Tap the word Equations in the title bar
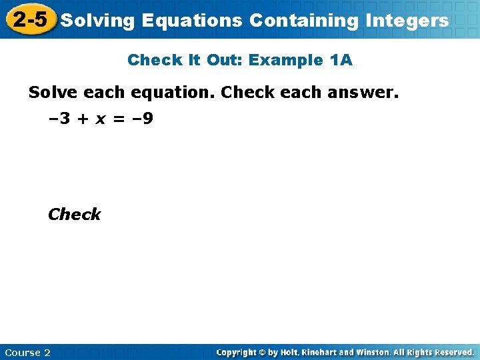coord(194,21)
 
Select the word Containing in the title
coord(304,21)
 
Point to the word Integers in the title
coord(407,21)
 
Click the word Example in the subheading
coord(288,60)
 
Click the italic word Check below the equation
coord(74,215)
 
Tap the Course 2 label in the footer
coord(27,352)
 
